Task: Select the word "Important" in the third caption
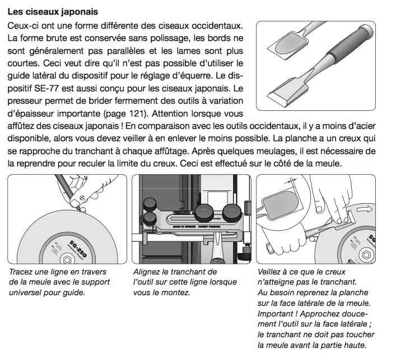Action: (x=278, y=314)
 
